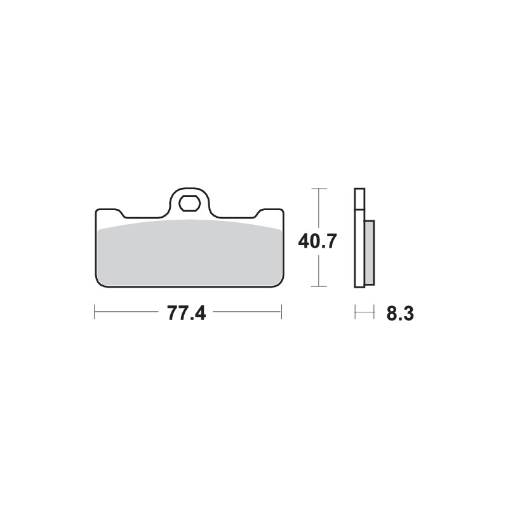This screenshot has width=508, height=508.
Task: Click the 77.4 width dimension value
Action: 187,313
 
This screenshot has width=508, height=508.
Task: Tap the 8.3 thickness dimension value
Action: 400,313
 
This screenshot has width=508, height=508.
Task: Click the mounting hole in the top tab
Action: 188,204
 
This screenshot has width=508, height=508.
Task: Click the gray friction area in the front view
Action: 188,251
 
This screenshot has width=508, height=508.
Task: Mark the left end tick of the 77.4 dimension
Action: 95,312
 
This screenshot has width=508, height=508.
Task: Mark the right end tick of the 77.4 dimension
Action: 281,312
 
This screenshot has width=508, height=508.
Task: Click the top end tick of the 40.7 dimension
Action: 319,189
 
